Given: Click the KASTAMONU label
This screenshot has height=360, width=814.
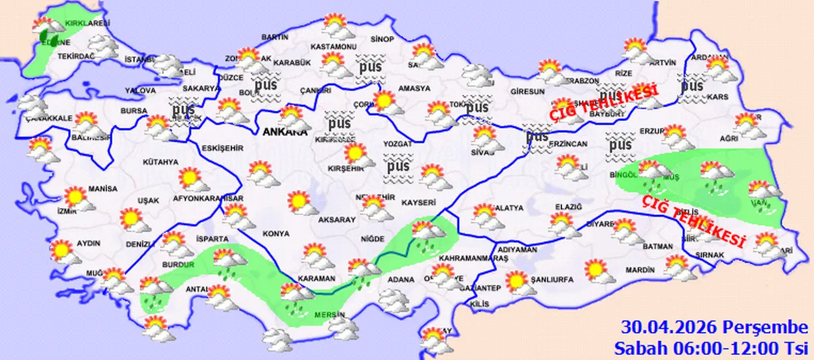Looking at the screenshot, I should pos(333,47).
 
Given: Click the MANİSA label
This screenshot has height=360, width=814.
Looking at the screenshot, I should pos(103,189).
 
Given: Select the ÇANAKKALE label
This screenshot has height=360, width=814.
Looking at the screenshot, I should pos(46,118).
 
